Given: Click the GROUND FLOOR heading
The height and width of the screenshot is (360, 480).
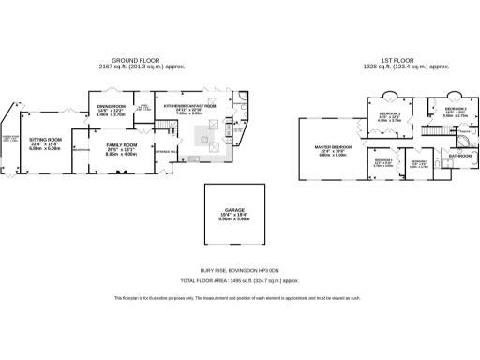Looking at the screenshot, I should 131,60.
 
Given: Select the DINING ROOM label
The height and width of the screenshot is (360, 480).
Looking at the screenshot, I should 112,107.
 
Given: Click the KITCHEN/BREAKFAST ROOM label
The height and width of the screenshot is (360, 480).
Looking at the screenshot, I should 190,107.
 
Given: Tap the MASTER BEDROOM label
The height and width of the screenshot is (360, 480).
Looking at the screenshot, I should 334,147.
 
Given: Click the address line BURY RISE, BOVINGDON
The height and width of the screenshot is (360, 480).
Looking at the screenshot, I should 239,270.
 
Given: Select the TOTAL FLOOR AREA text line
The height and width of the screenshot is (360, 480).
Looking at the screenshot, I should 239,280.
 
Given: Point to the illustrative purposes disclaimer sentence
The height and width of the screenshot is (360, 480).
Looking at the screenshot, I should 239,298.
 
